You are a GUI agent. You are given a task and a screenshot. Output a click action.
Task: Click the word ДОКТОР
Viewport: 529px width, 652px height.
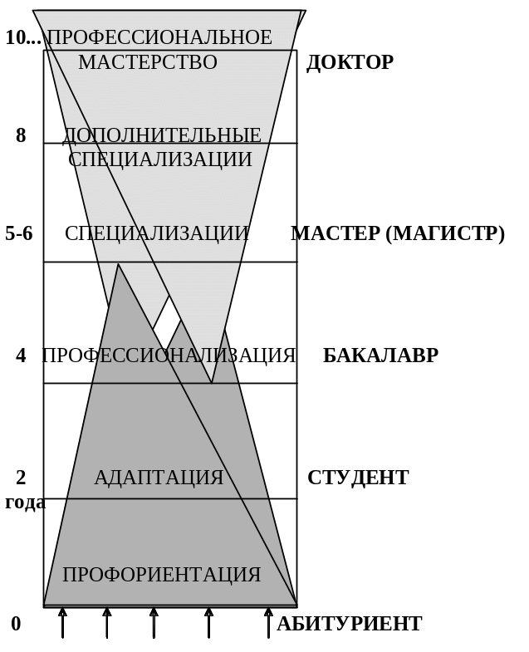point(350,62)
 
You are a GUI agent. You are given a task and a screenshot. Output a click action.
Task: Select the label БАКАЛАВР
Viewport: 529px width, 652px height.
point(380,355)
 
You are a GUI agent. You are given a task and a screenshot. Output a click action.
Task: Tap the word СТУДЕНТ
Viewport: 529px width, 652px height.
point(358,478)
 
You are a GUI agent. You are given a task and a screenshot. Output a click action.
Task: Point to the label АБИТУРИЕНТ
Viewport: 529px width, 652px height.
point(349,624)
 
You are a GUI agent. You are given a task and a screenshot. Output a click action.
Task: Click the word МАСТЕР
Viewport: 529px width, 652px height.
point(336,233)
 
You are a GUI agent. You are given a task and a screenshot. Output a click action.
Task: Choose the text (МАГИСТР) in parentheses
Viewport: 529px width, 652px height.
point(445,233)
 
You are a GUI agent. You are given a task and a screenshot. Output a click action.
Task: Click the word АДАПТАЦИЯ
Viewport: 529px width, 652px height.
point(159,478)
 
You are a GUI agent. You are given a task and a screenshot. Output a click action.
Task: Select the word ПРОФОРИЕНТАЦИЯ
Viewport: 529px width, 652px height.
point(162,575)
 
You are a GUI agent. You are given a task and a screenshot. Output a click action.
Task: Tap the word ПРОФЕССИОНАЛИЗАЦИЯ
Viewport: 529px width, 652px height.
point(169,355)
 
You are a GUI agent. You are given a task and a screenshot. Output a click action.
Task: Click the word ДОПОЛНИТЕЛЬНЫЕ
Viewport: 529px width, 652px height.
point(162,135)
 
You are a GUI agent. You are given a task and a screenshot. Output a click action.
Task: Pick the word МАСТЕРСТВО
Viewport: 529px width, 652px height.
point(148,62)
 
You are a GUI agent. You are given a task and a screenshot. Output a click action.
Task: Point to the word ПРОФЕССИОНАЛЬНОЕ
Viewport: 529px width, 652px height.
point(159,37)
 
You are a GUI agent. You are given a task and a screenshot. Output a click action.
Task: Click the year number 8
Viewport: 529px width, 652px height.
point(21,135)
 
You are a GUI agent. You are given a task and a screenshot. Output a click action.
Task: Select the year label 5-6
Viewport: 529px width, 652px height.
point(19,233)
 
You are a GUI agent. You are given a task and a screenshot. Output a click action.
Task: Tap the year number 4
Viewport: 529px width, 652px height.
point(21,355)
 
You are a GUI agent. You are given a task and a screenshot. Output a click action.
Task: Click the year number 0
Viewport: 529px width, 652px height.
point(16,624)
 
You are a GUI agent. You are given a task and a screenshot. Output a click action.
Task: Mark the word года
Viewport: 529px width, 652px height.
point(25,502)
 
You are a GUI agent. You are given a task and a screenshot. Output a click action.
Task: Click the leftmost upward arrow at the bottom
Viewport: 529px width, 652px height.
point(62,622)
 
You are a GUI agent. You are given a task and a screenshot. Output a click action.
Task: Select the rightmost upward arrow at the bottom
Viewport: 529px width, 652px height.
point(268,622)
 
